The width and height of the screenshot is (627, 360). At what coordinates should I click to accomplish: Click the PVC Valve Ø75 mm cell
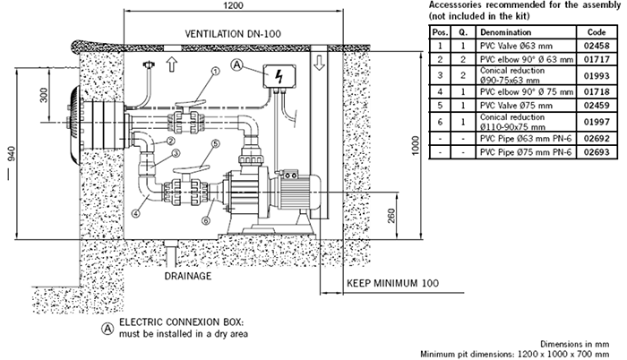[511, 105]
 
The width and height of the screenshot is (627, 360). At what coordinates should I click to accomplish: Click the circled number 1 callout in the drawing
[215, 71]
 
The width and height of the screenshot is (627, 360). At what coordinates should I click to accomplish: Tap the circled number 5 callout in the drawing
[215, 143]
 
